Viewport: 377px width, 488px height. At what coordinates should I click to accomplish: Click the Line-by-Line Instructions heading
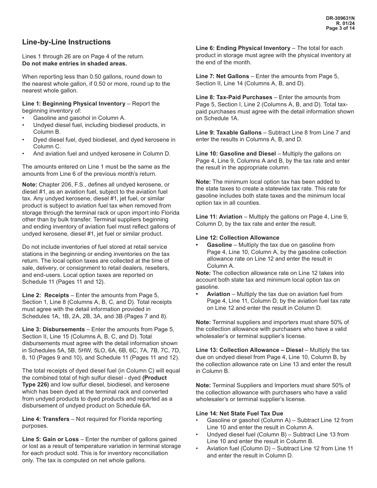tap(66, 42)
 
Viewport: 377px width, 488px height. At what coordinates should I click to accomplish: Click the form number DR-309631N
tap(340, 19)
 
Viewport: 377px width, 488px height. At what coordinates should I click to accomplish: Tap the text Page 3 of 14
tap(340, 28)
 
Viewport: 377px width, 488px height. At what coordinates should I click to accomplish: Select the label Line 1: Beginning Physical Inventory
tap(74, 104)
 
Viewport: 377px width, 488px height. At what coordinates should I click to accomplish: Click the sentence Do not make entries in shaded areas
tap(75, 63)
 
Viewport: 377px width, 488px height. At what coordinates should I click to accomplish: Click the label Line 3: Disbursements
tap(54, 329)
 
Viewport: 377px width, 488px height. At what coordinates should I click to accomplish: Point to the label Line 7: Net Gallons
tap(223, 76)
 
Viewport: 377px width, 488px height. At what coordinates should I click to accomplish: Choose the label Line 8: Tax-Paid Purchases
tap(234, 97)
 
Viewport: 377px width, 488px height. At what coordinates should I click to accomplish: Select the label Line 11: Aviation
tap(219, 217)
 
